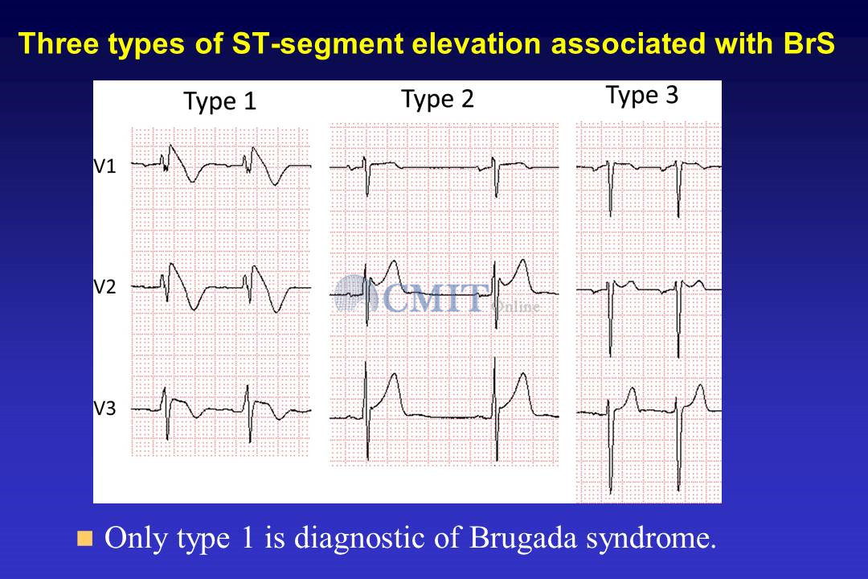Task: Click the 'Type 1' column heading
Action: pos(219,101)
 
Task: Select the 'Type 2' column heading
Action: pos(437,99)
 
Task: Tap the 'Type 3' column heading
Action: pos(642,96)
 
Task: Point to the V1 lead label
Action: pos(104,166)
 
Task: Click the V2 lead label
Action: pos(104,287)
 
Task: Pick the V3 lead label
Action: pos(104,409)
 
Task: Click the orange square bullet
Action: pos(84,538)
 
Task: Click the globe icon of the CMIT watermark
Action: pos(355,294)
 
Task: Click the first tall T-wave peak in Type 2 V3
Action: pos(394,375)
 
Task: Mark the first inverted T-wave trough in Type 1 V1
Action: pos(192,181)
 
